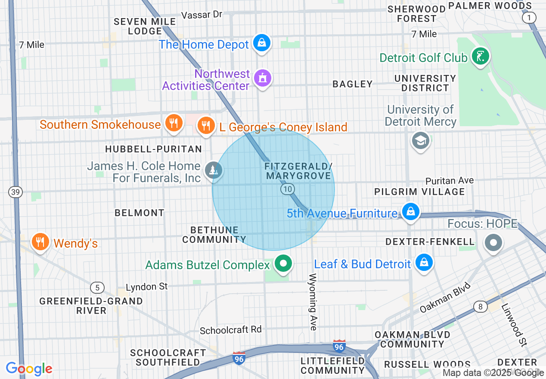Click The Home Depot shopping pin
(x=261, y=43)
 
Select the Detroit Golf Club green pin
(x=480, y=56)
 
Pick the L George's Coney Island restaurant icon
(x=206, y=125)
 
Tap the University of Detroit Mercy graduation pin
(x=420, y=140)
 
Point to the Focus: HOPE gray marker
(x=493, y=242)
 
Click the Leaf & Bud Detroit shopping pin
(x=424, y=262)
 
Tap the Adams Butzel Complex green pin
(x=283, y=263)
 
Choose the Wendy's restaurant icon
(x=40, y=242)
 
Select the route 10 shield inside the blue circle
(x=288, y=189)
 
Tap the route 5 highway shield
(x=97, y=288)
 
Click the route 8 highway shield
(x=480, y=307)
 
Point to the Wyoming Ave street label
(x=313, y=301)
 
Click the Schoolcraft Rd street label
(x=231, y=330)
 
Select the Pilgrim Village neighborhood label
(x=419, y=192)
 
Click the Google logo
(x=29, y=369)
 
